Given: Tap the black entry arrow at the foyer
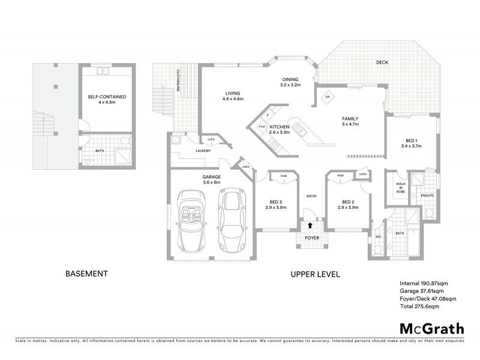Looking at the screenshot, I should pyautogui.click(x=310, y=226).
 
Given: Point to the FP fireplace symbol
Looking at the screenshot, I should pyautogui.click(x=328, y=97).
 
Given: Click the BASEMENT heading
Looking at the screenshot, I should pyautogui.click(x=86, y=274).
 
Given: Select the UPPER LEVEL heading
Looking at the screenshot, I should pyautogui.click(x=316, y=274).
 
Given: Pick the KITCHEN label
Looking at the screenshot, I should pyautogui.click(x=280, y=127).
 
